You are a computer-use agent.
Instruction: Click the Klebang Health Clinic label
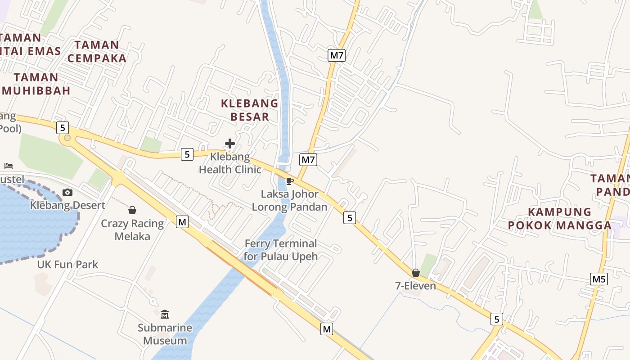230,163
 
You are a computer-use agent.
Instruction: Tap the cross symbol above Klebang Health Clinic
230,144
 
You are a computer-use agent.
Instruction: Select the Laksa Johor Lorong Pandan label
289,201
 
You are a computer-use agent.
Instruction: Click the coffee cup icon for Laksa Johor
290,181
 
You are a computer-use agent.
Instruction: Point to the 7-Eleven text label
415,286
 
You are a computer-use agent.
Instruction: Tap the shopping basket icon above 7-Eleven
416,273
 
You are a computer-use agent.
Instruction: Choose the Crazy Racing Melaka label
132,230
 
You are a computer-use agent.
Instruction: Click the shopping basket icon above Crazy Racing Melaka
132,210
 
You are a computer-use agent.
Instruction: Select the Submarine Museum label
165,334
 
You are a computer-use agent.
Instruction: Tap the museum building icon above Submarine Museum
165,314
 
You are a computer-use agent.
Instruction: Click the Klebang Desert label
67,205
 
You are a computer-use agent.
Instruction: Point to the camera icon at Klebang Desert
67,193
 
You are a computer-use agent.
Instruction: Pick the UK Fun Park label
67,264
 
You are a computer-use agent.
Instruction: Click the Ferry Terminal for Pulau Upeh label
281,250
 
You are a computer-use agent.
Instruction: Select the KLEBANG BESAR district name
250,110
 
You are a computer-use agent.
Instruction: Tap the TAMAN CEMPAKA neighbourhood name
97,51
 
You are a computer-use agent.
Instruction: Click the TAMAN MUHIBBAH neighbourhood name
36,84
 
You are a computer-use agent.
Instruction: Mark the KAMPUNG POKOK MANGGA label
560,218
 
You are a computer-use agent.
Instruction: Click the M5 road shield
599,279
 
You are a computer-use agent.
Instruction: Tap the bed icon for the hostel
9,166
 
